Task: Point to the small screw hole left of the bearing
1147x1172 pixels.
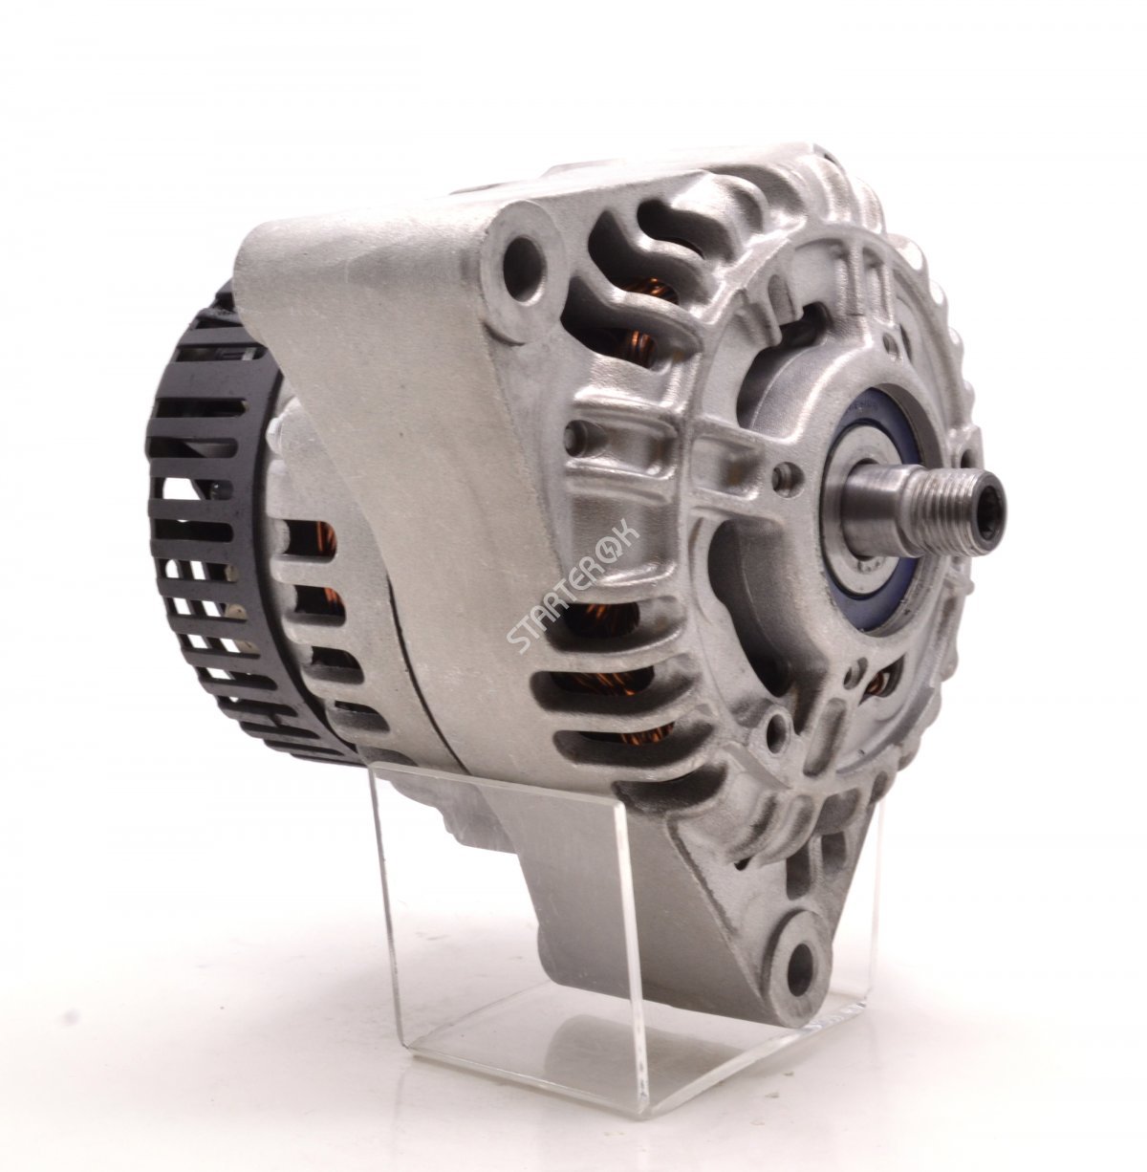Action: [x=785, y=471]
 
